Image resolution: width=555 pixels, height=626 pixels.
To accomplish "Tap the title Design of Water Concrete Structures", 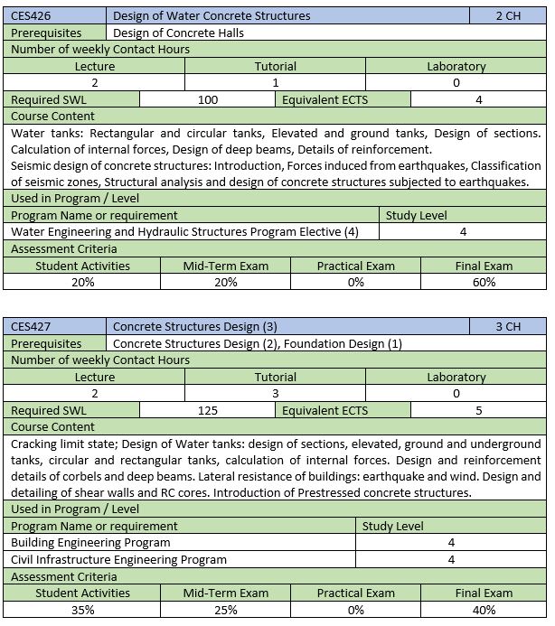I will click(x=212, y=15).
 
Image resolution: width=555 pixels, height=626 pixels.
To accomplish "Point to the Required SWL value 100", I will click(x=208, y=100).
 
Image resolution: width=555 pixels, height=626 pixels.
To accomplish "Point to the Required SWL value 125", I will click(x=208, y=411).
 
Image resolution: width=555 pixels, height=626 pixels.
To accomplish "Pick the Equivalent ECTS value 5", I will click(x=479, y=411).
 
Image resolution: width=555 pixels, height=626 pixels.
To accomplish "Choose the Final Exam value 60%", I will click(x=484, y=282).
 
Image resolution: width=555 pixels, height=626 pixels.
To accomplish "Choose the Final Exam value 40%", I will click(x=484, y=610).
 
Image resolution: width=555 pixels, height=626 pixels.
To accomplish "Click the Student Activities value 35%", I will click(x=82, y=610).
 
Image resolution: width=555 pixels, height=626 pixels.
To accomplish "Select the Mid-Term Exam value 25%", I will click(x=226, y=610).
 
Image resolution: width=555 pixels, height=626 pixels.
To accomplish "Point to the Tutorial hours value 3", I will click(x=275, y=394).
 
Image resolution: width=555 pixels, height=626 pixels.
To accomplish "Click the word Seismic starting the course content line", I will click(x=32, y=165).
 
